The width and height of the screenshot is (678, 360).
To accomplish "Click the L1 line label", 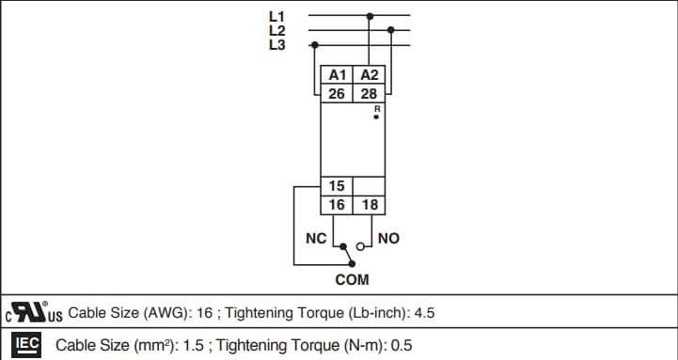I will [x=276, y=16].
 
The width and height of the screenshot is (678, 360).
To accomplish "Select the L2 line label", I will [x=276, y=30].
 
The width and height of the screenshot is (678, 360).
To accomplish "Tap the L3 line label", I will [x=276, y=44].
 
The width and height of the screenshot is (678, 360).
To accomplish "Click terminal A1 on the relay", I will [x=337, y=75].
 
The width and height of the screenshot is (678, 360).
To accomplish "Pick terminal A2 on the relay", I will [x=370, y=75].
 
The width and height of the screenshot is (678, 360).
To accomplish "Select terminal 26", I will [x=337, y=93].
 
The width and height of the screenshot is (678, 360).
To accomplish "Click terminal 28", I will [x=370, y=93].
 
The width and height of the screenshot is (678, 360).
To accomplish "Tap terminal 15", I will [x=337, y=186].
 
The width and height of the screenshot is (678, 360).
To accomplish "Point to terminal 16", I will [x=337, y=204].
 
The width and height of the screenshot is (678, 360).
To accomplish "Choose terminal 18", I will [x=370, y=204].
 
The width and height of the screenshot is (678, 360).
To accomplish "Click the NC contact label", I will [x=316, y=239].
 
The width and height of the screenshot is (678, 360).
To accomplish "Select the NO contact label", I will [x=388, y=239].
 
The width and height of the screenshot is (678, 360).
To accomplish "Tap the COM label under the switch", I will [x=352, y=279].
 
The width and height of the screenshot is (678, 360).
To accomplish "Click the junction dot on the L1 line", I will [x=371, y=15].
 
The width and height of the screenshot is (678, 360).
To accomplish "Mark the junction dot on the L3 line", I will [x=314, y=44].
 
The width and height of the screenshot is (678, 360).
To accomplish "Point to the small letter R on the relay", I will [x=376, y=110].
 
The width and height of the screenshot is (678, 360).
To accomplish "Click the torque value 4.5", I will [x=424, y=313].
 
